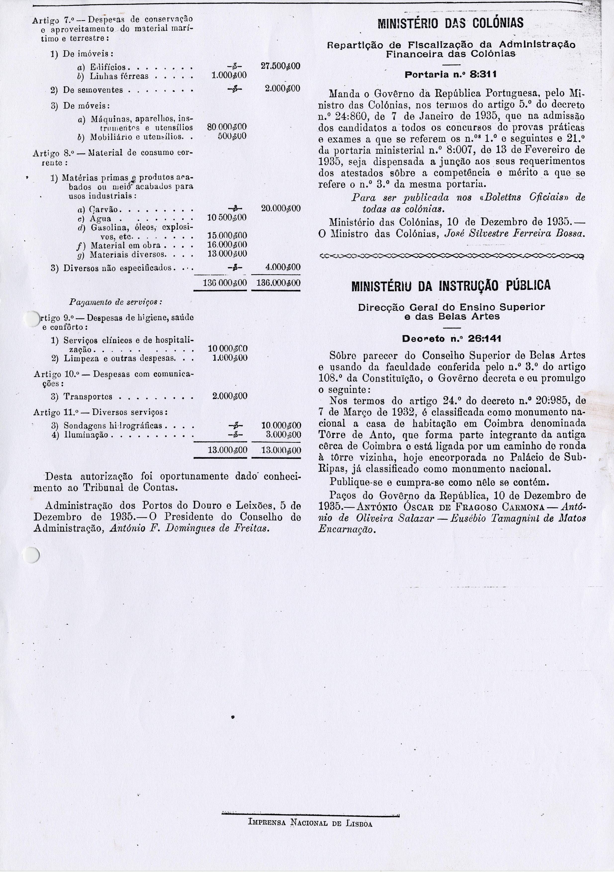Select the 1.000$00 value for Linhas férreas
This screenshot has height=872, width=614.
229,76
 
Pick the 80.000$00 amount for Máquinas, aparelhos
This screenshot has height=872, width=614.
227,127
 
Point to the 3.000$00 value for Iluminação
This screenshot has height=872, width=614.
283,435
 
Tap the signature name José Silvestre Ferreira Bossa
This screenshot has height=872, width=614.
514,234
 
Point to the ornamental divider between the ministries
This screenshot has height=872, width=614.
452,256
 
